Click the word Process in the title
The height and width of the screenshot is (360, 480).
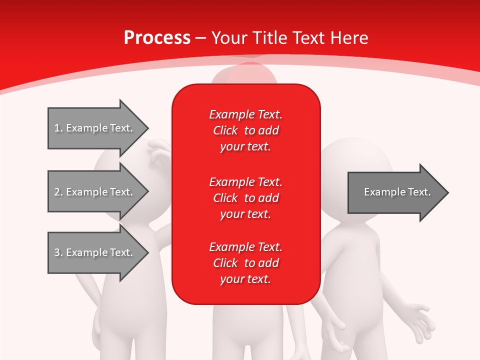(x=157, y=37)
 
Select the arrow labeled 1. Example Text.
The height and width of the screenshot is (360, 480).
(x=95, y=128)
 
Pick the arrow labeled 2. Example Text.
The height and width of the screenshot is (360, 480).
(x=95, y=192)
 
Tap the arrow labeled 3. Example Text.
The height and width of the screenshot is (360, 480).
(x=95, y=252)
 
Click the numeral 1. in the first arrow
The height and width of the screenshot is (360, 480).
(x=58, y=128)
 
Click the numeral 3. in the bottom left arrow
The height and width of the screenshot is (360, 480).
(x=58, y=252)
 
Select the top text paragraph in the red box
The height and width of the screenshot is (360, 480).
(x=245, y=130)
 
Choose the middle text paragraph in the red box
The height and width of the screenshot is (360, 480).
(x=245, y=197)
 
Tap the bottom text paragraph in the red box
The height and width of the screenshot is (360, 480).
(x=245, y=263)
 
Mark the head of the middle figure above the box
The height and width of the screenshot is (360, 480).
(x=243, y=75)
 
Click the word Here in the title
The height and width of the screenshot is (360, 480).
(x=349, y=37)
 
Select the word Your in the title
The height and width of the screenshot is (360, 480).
(x=228, y=37)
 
